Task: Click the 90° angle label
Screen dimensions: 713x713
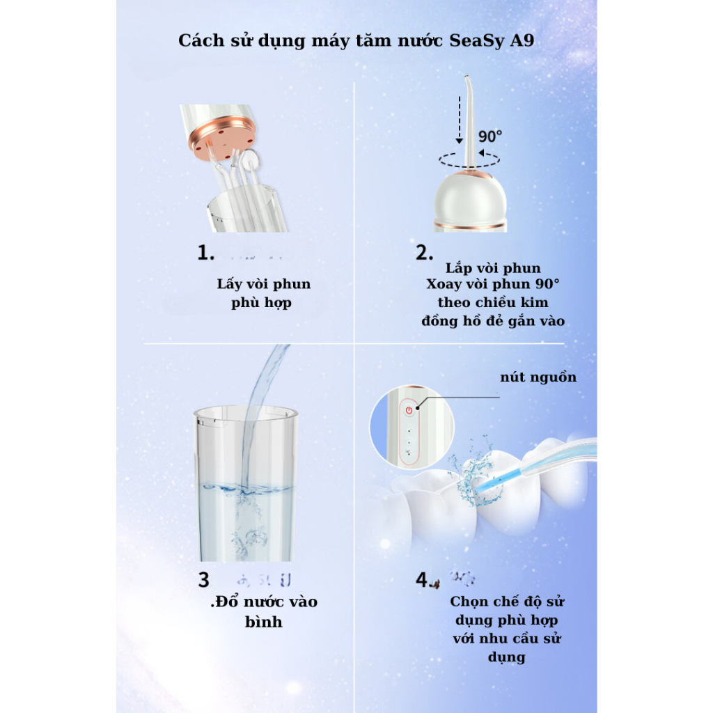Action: click(x=491, y=135)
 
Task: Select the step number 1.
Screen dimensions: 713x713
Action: click(x=205, y=253)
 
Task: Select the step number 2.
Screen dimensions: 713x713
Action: click(x=425, y=253)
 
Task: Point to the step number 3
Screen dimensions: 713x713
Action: click(x=203, y=579)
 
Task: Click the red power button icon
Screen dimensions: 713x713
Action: click(x=409, y=410)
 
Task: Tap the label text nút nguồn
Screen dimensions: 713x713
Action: click(x=538, y=377)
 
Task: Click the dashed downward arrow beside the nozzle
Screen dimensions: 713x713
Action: click(x=457, y=118)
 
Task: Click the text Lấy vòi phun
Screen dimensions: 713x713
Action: click(x=264, y=284)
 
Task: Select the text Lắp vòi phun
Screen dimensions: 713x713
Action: click(x=493, y=268)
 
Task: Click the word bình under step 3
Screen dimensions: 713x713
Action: click(x=263, y=622)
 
